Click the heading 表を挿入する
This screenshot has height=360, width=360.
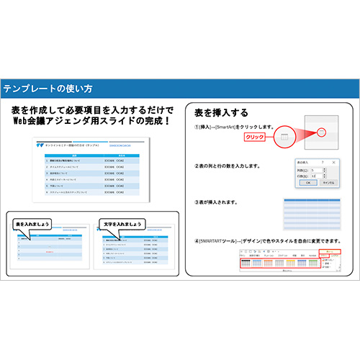click(x=222, y=112)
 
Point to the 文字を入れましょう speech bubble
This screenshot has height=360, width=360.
click(x=120, y=223)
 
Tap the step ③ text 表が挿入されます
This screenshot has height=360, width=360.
click(x=223, y=202)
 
